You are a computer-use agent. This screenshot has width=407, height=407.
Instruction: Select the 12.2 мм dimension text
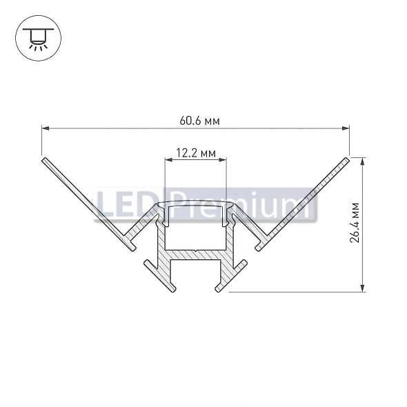pyautogui.click(x=196, y=153)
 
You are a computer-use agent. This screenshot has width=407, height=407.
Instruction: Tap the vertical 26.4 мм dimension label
pyautogui.click(x=355, y=223)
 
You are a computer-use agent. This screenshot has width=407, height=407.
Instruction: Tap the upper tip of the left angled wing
pyautogui.click(x=45, y=161)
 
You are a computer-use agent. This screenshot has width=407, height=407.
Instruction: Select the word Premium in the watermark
pyautogui.click(x=241, y=204)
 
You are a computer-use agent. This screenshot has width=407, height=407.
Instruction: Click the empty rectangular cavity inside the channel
pyautogui.click(x=195, y=227)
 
